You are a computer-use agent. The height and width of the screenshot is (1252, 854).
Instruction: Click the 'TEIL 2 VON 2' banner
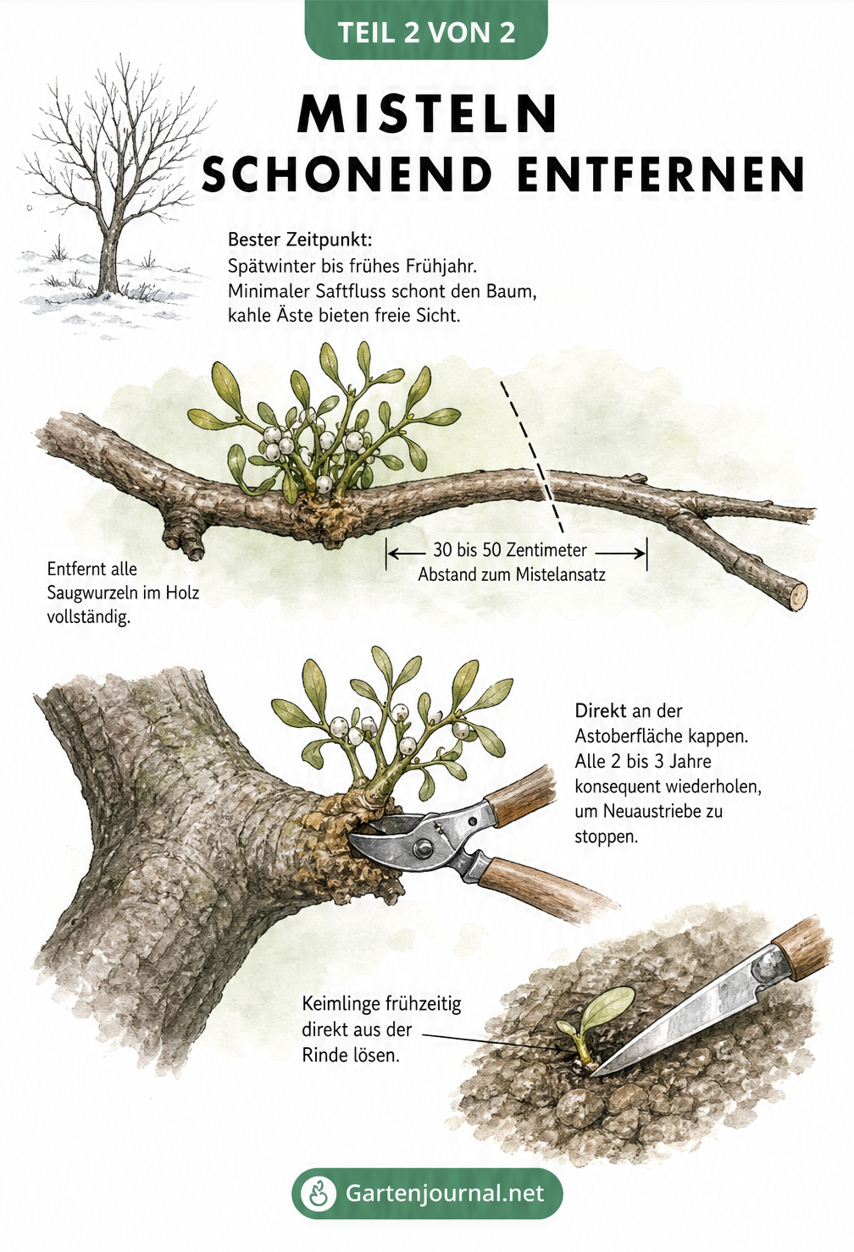pyautogui.click(x=426, y=30)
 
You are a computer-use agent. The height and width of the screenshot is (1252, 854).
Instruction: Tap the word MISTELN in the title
pyautogui.click(x=427, y=114)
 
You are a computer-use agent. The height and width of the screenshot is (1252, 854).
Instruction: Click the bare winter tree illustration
pyautogui.click(x=112, y=190)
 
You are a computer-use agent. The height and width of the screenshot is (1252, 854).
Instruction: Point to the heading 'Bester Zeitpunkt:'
pyautogui.click(x=300, y=240)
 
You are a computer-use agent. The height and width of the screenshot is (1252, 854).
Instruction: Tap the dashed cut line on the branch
pyautogui.click(x=532, y=456)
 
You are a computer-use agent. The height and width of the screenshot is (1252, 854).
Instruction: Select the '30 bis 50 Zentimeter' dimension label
pyautogui.click(x=510, y=550)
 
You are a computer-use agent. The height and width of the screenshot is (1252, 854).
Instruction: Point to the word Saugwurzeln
pyautogui.click(x=95, y=593)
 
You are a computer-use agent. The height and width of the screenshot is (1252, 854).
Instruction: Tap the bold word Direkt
pyautogui.click(x=601, y=711)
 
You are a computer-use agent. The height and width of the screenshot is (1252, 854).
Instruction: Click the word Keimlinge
pyautogui.click(x=339, y=1005)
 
